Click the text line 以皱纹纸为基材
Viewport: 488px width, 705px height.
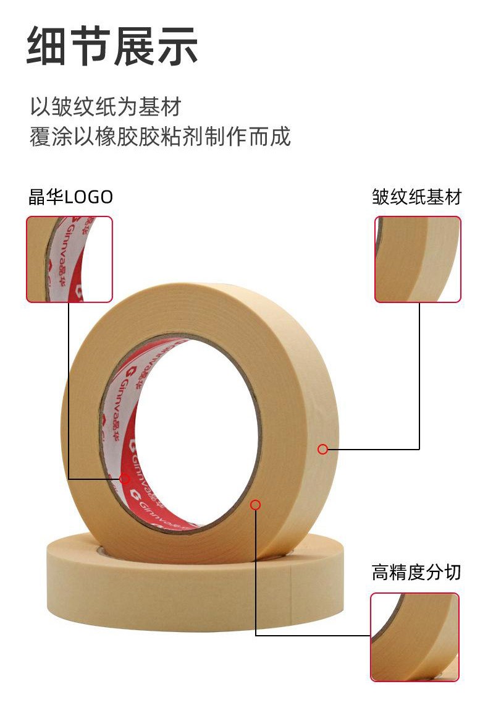point(106,106)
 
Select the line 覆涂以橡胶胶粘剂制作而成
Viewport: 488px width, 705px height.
point(160,136)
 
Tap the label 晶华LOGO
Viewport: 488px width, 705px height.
point(70,197)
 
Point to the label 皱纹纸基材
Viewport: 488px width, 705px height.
point(416,197)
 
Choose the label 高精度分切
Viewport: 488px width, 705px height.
point(416,572)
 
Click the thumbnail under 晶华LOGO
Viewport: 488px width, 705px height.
point(69,259)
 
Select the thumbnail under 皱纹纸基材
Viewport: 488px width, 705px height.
point(418,259)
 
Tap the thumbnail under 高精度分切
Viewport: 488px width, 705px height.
point(414,637)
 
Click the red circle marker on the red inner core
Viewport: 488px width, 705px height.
point(124,478)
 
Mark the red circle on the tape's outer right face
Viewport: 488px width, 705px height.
point(322,450)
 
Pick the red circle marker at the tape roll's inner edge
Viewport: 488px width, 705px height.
point(255,505)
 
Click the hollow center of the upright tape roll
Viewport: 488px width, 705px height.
point(191,433)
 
